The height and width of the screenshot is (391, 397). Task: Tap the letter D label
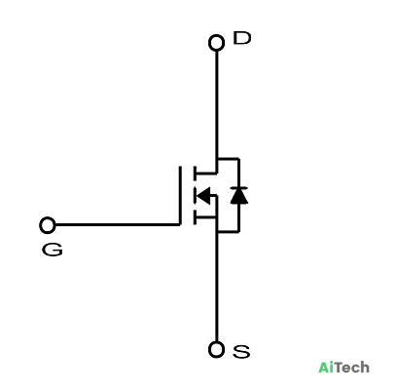click(242, 38)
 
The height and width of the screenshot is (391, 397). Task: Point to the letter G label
click(52, 250)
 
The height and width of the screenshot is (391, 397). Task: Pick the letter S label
click(241, 352)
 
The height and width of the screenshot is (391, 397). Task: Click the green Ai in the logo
click(326, 368)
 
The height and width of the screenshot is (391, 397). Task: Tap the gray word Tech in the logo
click(351, 368)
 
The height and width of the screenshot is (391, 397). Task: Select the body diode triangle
click(239, 196)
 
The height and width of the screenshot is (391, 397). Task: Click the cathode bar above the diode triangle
click(239, 188)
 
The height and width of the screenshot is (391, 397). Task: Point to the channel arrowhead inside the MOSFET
click(203, 196)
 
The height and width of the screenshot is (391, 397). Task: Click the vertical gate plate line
click(180, 195)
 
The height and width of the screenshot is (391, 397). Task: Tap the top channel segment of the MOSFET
click(195, 174)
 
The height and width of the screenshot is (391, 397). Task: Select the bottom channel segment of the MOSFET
click(195, 217)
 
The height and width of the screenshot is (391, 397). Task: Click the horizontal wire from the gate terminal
click(117, 224)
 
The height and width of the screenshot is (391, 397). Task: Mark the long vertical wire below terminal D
click(217, 104)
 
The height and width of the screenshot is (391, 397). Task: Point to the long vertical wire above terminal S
click(217, 287)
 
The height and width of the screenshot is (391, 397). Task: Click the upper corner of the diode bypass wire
click(239, 159)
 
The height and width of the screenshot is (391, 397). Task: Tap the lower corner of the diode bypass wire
click(239, 232)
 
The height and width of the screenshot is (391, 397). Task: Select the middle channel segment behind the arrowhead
click(195, 196)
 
